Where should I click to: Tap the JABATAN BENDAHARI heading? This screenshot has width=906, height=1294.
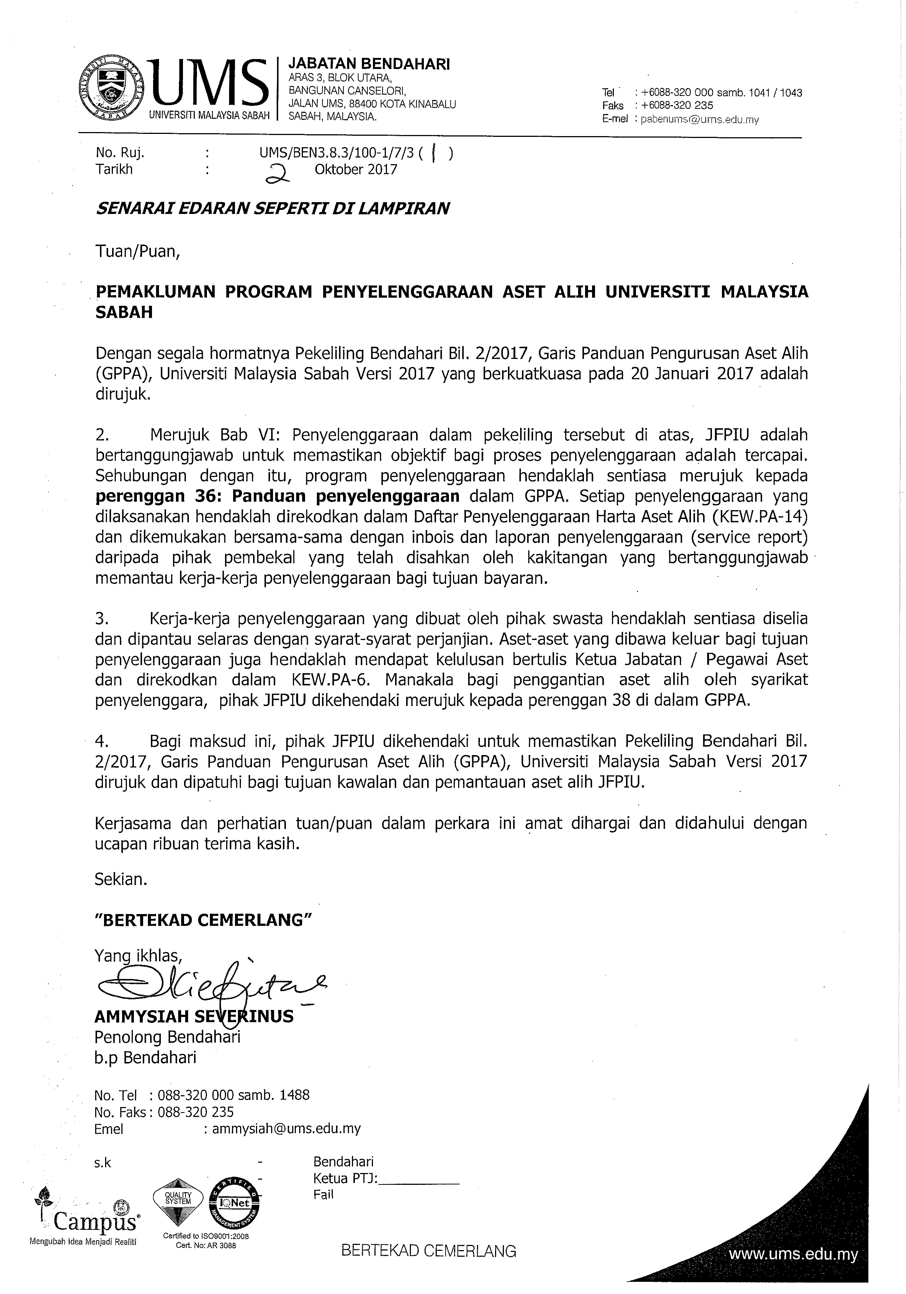[369, 64]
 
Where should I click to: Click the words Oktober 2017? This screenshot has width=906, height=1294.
[356, 170]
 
